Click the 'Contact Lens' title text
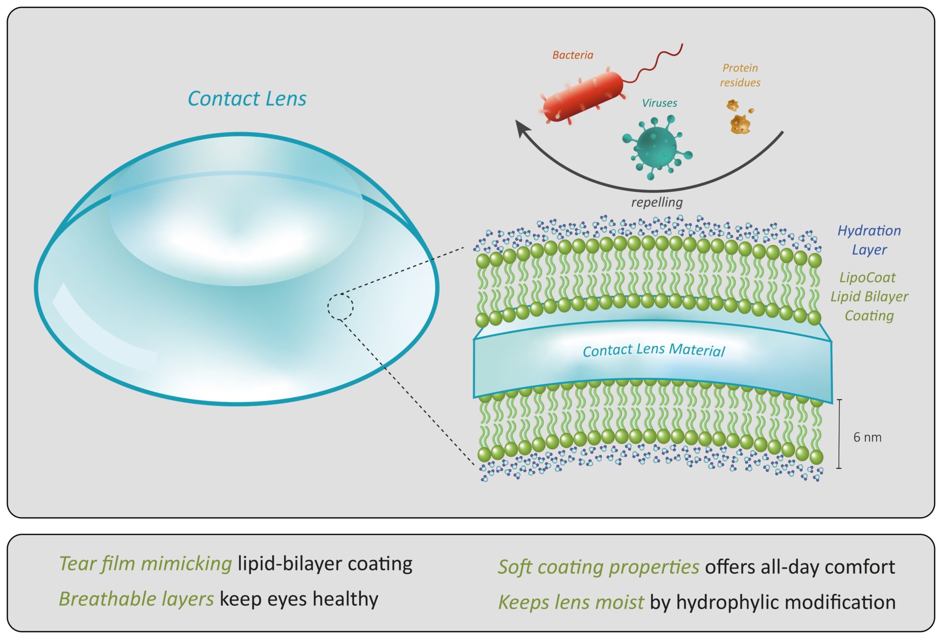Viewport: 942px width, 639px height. pyautogui.click(x=247, y=99)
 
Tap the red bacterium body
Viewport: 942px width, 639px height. pyautogui.click(x=583, y=96)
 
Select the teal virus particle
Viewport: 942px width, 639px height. pyautogui.click(x=655, y=145)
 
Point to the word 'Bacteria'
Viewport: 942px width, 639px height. pyautogui.click(x=573, y=55)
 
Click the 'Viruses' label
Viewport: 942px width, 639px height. pyautogui.click(x=659, y=103)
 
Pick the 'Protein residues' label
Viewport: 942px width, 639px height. pyautogui.click(x=740, y=75)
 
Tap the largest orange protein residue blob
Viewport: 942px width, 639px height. pyautogui.click(x=740, y=124)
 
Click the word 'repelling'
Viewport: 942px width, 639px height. pyautogui.click(x=656, y=202)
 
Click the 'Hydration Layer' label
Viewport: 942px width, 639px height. pyautogui.click(x=869, y=240)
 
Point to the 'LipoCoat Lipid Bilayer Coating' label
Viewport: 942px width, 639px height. pyautogui.click(x=869, y=296)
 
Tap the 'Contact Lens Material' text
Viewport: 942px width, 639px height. pyautogui.click(x=654, y=350)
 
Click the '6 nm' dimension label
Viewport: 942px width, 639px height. pyautogui.click(x=867, y=437)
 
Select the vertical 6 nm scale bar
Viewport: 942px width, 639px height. pyautogui.click(x=839, y=434)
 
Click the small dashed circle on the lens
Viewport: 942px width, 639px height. pyautogui.click(x=340, y=307)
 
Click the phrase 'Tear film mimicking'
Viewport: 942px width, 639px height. pyautogui.click(x=145, y=563)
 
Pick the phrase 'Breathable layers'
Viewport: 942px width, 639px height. pyautogui.click(x=136, y=599)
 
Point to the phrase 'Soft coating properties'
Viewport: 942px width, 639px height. pyautogui.click(x=598, y=567)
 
